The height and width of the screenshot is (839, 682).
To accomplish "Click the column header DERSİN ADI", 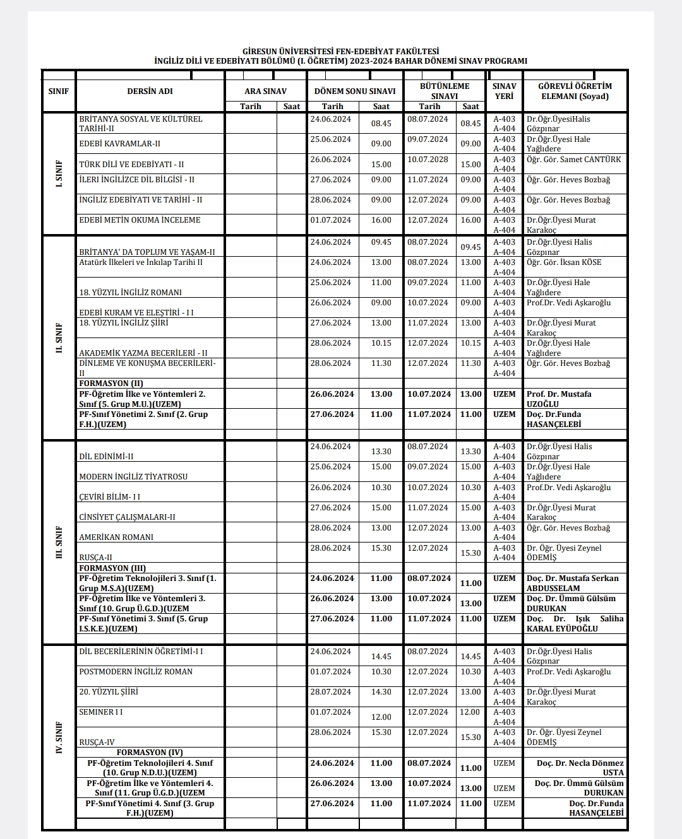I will click(x=150, y=91).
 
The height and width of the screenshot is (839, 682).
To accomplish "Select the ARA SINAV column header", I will click(x=265, y=91).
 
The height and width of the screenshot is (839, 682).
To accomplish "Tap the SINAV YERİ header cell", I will click(x=504, y=91).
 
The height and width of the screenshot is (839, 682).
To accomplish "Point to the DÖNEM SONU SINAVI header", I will click(x=355, y=91).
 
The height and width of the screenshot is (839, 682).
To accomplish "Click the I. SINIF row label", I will click(x=59, y=173).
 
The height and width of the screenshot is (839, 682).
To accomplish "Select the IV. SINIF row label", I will click(x=59, y=737).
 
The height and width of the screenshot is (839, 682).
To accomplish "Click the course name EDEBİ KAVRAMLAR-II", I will click(x=120, y=144).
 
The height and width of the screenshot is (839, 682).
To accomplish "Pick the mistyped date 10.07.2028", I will click(x=428, y=160).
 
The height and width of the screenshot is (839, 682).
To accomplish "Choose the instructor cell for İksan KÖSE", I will click(x=564, y=262).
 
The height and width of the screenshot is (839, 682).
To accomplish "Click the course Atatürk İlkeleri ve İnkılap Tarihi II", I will click(x=141, y=262).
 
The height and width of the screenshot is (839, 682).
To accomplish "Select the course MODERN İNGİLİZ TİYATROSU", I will click(x=133, y=477).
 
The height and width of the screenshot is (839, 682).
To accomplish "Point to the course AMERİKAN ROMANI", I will click(x=116, y=537).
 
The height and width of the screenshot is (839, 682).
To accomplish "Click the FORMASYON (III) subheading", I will click(x=112, y=568).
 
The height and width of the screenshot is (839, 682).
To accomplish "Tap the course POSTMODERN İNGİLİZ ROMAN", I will click(x=136, y=672).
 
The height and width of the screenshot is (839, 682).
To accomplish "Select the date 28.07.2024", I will click(x=331, y=692).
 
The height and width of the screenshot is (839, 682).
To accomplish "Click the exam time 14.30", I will click(x=381, y=692).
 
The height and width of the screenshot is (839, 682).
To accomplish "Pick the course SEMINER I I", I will click(x=101, y=712).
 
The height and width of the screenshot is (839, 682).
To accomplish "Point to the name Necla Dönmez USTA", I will click(x=580, y=768).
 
